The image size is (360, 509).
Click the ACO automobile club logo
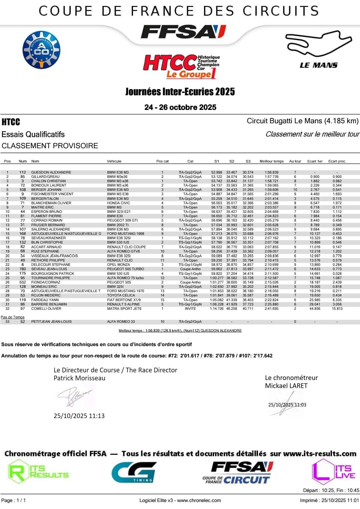click(x=41, y=50)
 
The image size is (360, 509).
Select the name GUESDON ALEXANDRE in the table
click(x=51, y=172)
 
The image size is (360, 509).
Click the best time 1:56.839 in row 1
click(x=271, y=172)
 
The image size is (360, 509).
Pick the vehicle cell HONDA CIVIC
click(x=119, y=203)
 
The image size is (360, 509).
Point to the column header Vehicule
click(x=114, y=161)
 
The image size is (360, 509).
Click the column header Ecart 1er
click(x=315, y=161)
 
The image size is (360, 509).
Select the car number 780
click(x=23, y=269)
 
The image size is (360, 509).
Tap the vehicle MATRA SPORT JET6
click(x=124, y=308)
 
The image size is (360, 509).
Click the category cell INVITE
click(x=190, y=308)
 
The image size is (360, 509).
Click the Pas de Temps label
click(x=13, y=317)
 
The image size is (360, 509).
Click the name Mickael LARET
click(x=286, y=386)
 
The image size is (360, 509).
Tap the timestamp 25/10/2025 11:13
click(x=79, y=416)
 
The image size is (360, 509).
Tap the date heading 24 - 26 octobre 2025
click(x=180, y=107)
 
